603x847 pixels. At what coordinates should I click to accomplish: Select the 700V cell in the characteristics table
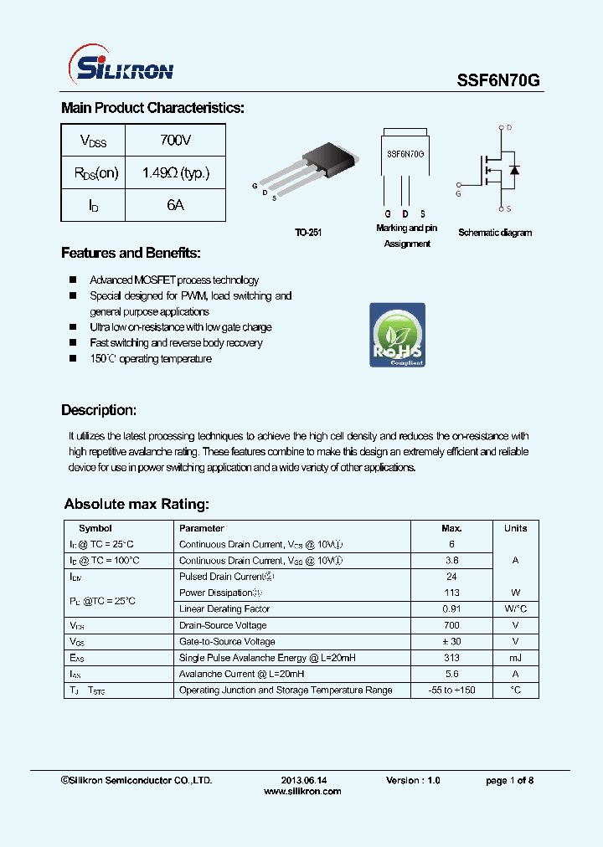175,141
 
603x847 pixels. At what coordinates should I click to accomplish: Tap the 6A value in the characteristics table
175,205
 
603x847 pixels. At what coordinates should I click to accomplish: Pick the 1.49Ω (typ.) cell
175,173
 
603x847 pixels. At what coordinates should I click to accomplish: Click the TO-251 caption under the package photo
307,233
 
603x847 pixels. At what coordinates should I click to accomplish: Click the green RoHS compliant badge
397,335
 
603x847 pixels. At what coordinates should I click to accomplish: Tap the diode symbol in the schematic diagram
514,170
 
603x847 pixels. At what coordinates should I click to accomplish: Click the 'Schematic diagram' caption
495,233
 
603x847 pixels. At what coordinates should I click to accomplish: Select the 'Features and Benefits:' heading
131,254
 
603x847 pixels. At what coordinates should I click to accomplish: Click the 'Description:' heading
98,410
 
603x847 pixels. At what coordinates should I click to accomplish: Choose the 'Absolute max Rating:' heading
136,505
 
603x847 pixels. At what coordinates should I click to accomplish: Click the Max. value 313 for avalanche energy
451,658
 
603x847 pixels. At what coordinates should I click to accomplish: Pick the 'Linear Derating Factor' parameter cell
224,609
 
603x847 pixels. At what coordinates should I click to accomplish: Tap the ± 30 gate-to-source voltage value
451,642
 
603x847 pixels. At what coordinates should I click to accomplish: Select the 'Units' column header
515,528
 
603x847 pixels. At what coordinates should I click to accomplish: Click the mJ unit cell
515,658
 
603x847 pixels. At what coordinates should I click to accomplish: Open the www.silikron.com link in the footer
302,791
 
